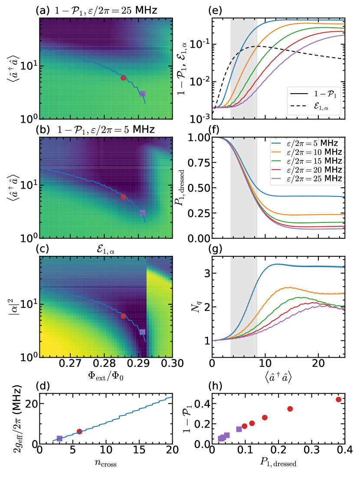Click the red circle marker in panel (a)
click(123, 78)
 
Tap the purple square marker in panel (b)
click(142, 213)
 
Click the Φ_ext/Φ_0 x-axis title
click(106, 374)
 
